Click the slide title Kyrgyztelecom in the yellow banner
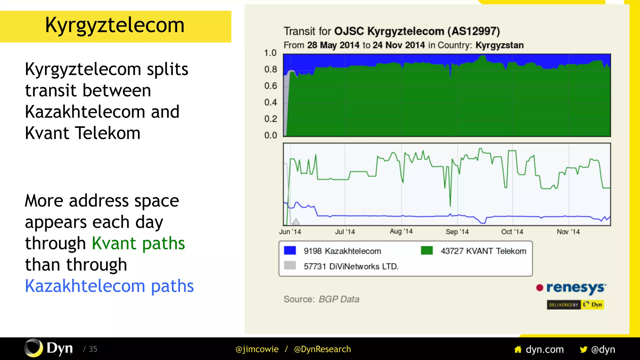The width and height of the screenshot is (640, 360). point(115,25)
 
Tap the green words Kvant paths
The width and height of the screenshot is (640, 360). point(138,243)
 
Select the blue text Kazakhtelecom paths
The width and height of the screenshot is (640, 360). point(109,286)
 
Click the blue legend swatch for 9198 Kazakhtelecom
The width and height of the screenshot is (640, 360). point(290,251)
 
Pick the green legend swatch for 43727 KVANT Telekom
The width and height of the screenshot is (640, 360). point(427,251)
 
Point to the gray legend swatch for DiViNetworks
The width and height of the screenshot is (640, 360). point(290,266)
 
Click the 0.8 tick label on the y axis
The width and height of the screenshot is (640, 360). point(270,69)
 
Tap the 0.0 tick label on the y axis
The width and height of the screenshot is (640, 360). point(270,135)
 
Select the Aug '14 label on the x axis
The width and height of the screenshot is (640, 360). point(401,232)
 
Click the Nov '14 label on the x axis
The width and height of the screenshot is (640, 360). point(568,232)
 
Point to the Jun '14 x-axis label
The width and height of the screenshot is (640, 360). point(290,232)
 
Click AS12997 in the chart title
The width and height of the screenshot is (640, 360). point(473,31)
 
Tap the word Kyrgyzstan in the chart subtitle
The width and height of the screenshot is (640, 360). point(499,45)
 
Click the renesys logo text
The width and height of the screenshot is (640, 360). point(576,287)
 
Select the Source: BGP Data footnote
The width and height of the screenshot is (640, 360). point(321,299)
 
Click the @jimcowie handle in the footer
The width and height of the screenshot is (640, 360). point(257,349)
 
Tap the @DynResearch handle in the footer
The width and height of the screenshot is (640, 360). point(322,349)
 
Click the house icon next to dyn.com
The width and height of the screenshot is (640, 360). point(518,349)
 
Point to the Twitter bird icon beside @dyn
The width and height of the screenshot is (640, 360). point(583,349)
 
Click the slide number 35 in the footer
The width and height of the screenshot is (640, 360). point(93,349)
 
